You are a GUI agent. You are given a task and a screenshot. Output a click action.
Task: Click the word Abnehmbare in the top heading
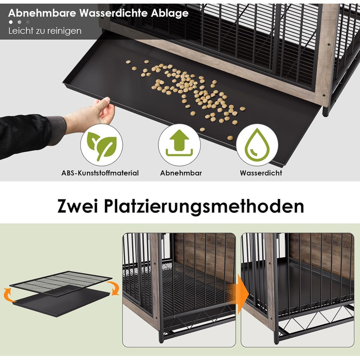click(x=42, y=13)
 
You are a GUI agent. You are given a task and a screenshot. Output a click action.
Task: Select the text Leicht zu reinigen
click(x=45, y=31)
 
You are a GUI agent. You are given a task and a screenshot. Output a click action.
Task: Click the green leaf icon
click(x=101, y=146)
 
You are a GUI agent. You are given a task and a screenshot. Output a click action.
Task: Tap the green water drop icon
click(x=257, y=145)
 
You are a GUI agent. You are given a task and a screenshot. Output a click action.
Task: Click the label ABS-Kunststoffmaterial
click(x=100, y=173)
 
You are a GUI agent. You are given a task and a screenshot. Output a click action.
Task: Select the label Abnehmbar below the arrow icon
click(x=181, y=173)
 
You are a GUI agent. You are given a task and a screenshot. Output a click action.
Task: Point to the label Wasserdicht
click(x=261, y=173)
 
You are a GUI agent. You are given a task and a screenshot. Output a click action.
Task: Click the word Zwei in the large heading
click(x=78, y=206)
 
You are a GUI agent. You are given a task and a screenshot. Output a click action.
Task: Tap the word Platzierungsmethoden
click(x=204, y=206)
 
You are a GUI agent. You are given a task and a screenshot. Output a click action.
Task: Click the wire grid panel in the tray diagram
click(x=61, y=283)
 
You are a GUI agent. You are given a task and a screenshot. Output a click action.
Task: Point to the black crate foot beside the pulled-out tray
click(x=326, y=112)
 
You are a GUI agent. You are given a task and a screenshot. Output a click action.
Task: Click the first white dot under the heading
click(x=11, y=22)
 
